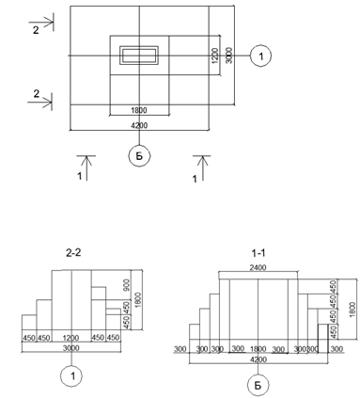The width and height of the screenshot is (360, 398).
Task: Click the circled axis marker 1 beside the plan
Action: (260, 56)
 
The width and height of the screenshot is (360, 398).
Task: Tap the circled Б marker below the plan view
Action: (139, 156)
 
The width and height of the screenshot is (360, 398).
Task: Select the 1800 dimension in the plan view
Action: (139, 110)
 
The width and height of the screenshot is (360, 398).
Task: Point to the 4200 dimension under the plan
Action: (139, 125)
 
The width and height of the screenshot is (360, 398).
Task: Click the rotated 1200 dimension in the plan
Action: (215, 56)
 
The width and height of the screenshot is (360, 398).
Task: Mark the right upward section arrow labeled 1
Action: (202, 167)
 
